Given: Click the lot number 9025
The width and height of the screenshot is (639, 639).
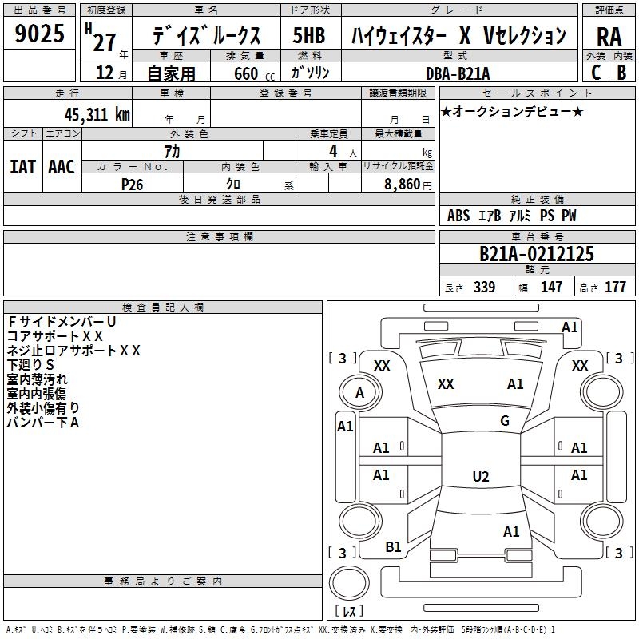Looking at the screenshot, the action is [x=39, y=34].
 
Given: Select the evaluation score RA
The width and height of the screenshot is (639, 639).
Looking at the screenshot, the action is [x=609, y=35].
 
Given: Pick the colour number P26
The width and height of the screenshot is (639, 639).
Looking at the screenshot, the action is [x=132, y=183].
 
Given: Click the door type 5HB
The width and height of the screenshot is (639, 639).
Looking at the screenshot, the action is [x=308, y=35].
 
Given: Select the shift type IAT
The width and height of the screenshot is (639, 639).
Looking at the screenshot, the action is [x=22, y=166].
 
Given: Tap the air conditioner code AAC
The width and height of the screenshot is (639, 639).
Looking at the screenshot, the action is [x=61, y=166].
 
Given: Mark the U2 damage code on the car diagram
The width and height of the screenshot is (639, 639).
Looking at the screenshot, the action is [x=480, y=477].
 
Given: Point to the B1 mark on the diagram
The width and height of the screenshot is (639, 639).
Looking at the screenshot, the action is [x=393, y=546].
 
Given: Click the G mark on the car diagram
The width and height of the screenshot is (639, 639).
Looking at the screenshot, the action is [x=505, y=421].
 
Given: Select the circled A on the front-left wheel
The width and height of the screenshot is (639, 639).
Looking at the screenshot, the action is [x=359, y=393].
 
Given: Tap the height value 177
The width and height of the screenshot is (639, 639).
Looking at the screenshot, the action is [x=615, y=287].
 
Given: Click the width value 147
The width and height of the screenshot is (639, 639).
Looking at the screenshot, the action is [x=551, y=287].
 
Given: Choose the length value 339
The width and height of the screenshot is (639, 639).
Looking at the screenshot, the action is [x=484, y=287].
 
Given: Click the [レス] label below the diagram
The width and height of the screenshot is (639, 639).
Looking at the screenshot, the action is [x=349, y=612].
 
